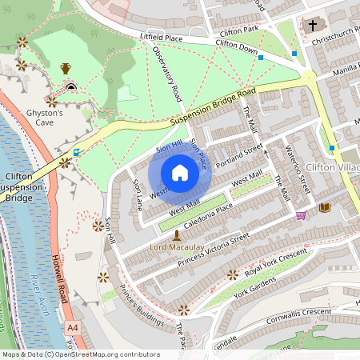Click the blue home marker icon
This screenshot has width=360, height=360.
click(180, 173)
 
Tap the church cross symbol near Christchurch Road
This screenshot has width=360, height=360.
click(312, 25)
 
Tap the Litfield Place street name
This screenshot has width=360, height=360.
click(162, 38)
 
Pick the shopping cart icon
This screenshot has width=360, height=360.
click(301, 214)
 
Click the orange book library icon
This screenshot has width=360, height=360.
click(324, 207)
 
